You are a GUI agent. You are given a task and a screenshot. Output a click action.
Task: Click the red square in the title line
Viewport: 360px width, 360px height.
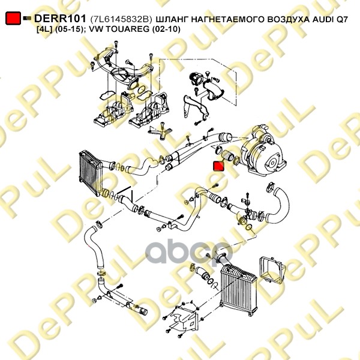click(13, 19)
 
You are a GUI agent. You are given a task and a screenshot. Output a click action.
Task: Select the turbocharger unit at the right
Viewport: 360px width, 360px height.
click(264, 150)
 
